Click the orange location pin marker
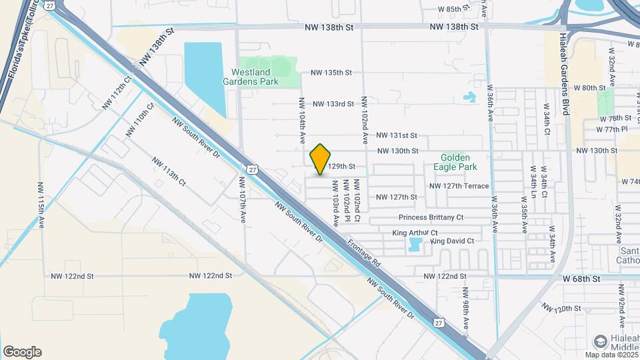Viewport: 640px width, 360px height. tap(321, 159)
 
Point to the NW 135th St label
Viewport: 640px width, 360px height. tap(331, 73)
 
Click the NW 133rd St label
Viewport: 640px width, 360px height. tap(333, 104)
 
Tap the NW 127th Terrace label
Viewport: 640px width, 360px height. tap(459, 186)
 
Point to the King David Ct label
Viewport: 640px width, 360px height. tap(452, 241)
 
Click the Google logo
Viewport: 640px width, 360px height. tap(22, 352)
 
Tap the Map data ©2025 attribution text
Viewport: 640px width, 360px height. tap(611, 355)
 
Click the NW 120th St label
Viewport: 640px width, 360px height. tap(561, 309)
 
